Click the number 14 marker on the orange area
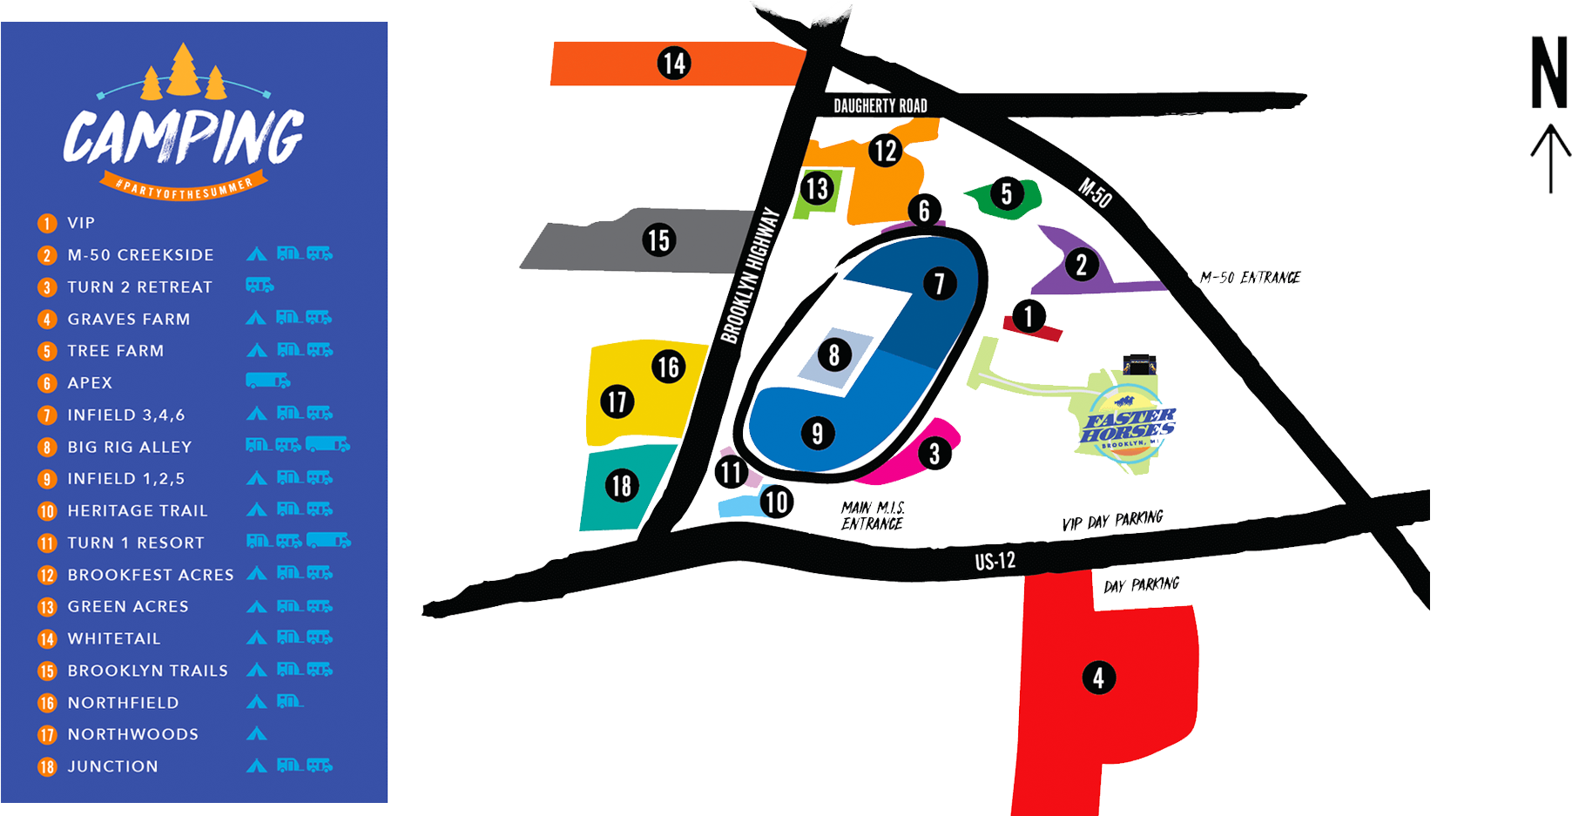pyautogui.click(x=674, y=63)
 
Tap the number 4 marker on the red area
pyautogui.click(x=1098, y=678)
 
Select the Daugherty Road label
pyautogui.click(x=880, y=106)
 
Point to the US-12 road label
pyautogui.click(x=995, y=561)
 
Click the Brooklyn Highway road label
pyautogui.click(x=750, y=276)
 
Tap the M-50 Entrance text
pyautogui.click(x=1250, y=278)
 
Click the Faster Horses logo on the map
pyautogui.click(x=1127, y=422)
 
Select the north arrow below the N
pyautogui.click(x=1550, y=158)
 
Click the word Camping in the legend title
pyautogui.click(x=183, y=138)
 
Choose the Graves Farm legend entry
pyautogui.click(x=129, y=320)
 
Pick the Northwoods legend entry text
pyautogui.click(x=133, y=735)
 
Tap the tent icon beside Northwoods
pyautogui.click(x=256, y=734)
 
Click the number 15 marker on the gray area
pyautogui.click(x=658, y=239)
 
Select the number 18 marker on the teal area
pyautogui.click(x=621, y=485)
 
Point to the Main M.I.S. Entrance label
pyautogui.click(x=873, y=516)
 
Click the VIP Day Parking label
pyautogui.click(x=1112, y=521)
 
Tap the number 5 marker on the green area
pyautogui.click(x=1007, y=193)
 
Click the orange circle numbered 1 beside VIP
pyautogui.click(x=47, y=224)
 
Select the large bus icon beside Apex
pyautogui.click(x=267, y=381)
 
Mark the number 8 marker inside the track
pyautogui.click(x=834, y=354)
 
